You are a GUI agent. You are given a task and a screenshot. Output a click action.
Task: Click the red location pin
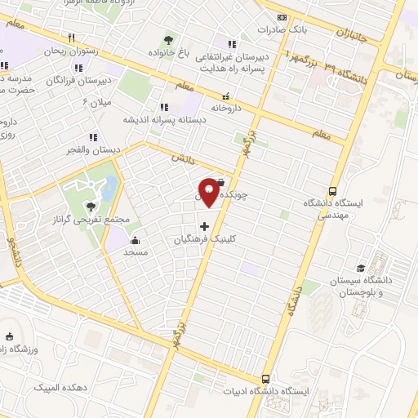click(x=210, y=191)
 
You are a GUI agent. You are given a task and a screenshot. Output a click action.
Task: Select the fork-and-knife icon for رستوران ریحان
click(x=72, y=38)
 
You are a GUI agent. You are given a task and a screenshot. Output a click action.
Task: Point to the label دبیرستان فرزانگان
click(x=78, y=82)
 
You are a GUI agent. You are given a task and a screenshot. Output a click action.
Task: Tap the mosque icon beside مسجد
click(x=135, y=240)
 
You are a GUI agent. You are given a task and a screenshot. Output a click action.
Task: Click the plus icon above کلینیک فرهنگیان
click(x=204, y=226)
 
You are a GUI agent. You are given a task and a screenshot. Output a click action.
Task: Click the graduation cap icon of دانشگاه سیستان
click(x=360, y=267)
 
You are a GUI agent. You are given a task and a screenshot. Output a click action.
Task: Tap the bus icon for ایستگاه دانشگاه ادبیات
click(x=265, y=379)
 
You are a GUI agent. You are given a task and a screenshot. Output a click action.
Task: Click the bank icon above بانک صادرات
click(x=282, y=16)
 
